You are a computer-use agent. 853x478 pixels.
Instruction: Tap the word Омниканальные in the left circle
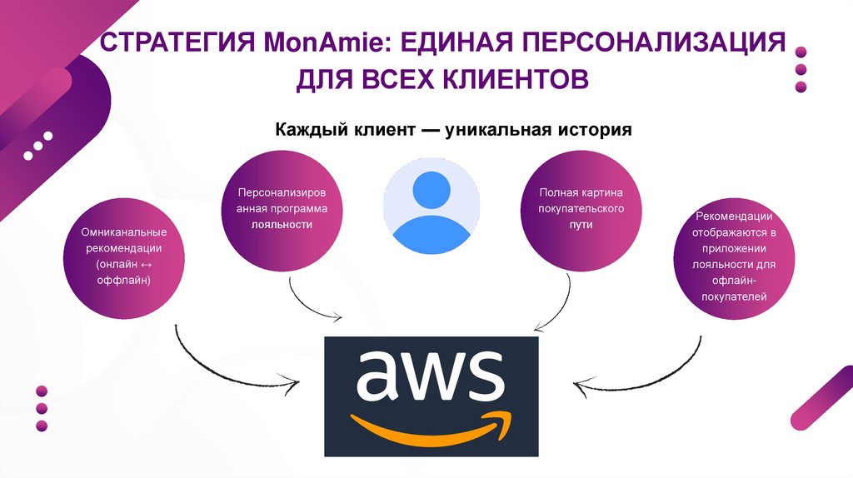124,232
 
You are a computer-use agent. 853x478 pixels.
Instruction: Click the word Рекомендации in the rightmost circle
727,217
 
